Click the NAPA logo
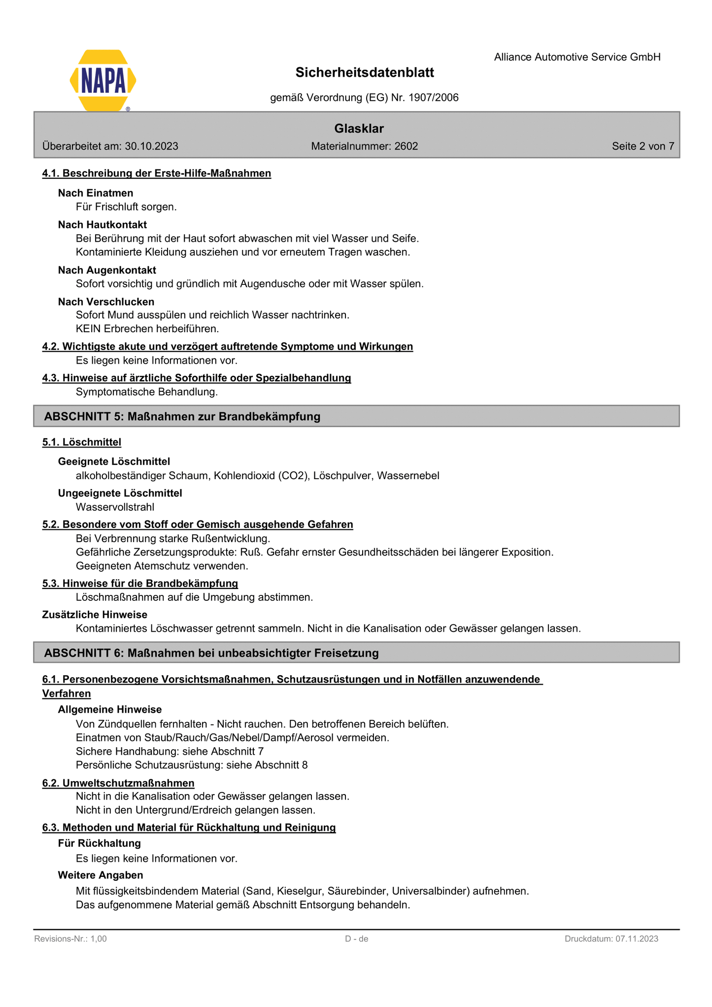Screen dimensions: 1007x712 tap(103, 80)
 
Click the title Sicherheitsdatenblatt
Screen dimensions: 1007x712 tap(365, 73)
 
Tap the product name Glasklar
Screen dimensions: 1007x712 tap(359, 129)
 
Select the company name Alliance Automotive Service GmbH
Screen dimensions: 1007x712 tap(577, 57)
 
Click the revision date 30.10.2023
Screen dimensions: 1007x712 tap(151, 146)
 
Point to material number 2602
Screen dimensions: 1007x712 tap(406, 146)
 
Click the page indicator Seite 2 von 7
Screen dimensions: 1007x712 tap(643, 146)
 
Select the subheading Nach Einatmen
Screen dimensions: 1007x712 tap(96, 193)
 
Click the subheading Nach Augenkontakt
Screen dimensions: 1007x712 tap(107, 270)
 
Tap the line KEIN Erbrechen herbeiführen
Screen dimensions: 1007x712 tap(147, 329)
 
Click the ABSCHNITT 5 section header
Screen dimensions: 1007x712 tap(182, 417)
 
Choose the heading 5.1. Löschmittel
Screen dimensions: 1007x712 tap(82, 442)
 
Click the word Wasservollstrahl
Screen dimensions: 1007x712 tap(115, 507)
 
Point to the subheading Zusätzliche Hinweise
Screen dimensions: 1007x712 tap(95, 615)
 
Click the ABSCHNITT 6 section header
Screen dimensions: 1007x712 tap(211, 653)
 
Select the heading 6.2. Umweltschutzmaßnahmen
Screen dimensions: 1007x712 tap(118, 783)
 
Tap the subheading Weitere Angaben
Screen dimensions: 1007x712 tap(101, 875)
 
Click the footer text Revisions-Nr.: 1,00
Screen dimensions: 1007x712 tap(70, 938)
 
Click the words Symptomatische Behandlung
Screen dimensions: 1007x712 tap(147, 392)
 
